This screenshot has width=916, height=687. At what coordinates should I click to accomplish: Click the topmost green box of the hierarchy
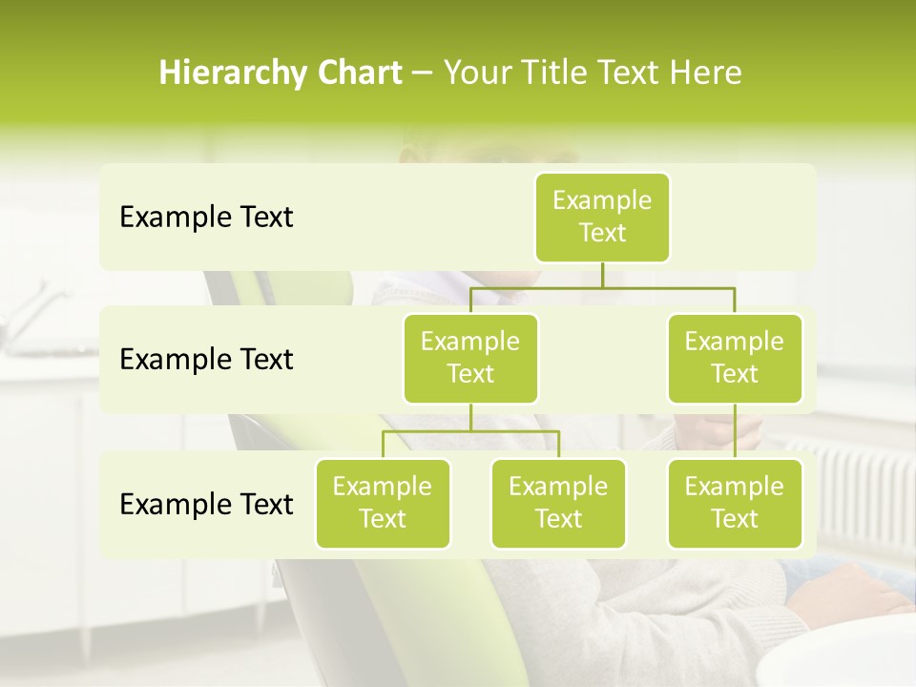(x=602, y=217)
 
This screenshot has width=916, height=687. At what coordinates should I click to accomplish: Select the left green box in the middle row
(x=470, y=358)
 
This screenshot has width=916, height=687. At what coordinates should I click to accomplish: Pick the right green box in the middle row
(x=735, y=358)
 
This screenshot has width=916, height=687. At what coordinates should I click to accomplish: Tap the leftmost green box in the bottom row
(x=383, y=503)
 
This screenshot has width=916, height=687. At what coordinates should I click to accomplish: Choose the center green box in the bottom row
(x=558, y=503)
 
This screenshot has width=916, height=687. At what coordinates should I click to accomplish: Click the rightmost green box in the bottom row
(x=735, y=503)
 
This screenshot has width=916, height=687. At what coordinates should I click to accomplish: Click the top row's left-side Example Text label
(x=206, y=218)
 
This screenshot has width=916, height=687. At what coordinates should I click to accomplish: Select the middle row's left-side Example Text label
(x=206, y=360)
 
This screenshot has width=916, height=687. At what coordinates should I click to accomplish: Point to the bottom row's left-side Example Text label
(x=206, y=504)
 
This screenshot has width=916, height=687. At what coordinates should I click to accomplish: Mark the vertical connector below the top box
(x=602, y=275)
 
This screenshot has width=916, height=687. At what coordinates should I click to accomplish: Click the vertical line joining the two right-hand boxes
(x=735, y=431)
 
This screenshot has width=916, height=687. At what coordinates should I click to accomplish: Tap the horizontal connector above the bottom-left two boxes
(x=470, y=431)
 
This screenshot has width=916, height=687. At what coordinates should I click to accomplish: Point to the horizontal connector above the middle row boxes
(x=602, y=286)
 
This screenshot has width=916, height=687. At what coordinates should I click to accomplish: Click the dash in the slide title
(x=423, y=74)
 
